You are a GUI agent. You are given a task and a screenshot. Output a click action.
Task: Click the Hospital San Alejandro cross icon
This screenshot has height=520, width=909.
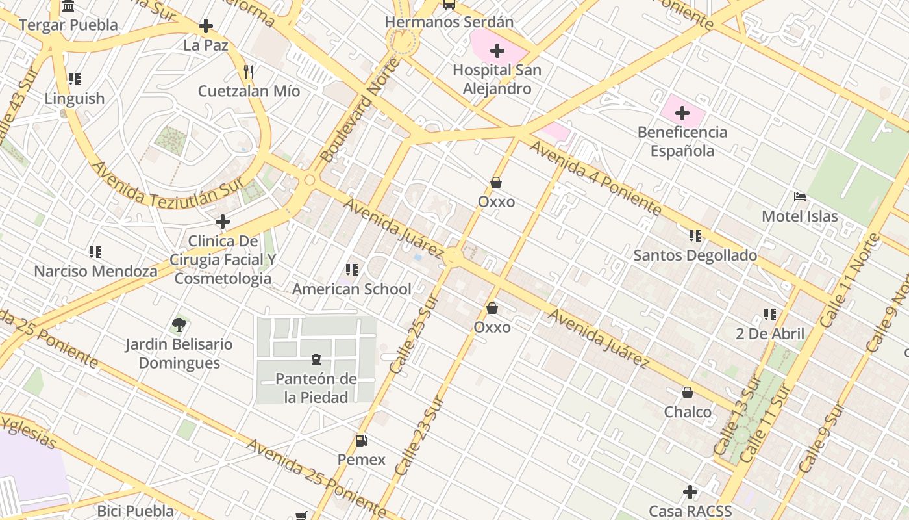pyautogui.click(x=497, y=51)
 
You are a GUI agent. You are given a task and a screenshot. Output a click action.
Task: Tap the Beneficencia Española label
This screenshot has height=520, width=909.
pyautogui.click(x=682, y=142)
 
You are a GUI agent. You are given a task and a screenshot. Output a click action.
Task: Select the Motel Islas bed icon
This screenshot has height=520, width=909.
pyautogui.click(x=800, y=196)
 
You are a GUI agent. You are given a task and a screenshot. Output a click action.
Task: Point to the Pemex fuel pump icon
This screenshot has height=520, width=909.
pyautogui.click(x=361, y=441)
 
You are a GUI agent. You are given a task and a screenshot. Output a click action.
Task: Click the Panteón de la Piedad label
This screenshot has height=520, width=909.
pyautogui.click(x=316, y=388)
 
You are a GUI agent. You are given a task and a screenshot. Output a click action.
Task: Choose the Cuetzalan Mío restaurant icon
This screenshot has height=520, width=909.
pyautogui.click(x=249, y=71)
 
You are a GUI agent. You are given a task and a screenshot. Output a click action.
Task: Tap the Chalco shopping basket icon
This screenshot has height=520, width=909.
pyautogui.click(x=688, y=393)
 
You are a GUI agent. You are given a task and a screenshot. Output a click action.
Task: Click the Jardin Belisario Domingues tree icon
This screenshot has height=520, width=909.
pyautogui.click(x=179, y=324)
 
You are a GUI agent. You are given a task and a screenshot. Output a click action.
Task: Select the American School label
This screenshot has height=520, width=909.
pyautogui.click(x=352, y=289)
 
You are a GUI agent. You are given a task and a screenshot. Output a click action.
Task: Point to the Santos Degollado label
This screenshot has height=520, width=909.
pyautogui.click(x=695, y=255)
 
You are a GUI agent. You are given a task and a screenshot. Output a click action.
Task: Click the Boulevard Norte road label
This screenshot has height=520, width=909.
pyautogui.click(x=359, y=110)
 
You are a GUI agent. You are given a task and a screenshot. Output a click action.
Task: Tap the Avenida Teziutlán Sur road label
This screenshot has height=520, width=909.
pyautogui.click(x=167, y=187)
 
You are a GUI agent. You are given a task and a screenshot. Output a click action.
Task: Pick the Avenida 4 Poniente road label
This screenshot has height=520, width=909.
pyautogui.click(x=594, y=177)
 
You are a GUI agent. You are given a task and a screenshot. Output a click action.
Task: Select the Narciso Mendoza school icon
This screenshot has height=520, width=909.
pyautogui.click(x=95, y=252)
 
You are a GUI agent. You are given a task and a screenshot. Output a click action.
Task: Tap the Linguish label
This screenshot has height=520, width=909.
pyautogui.click(x=75, y=99)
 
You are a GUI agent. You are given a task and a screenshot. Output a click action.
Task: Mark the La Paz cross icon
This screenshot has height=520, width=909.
pyautogui.click(x=206, y=26)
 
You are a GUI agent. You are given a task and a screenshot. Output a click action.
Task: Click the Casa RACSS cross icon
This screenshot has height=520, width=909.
pyautogui.click(x=690, y=491)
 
